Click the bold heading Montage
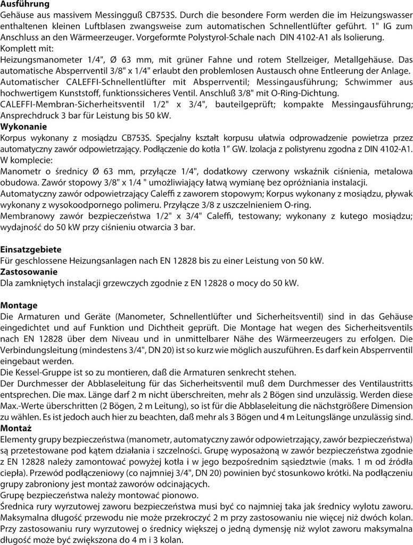(x=19, y=305)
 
